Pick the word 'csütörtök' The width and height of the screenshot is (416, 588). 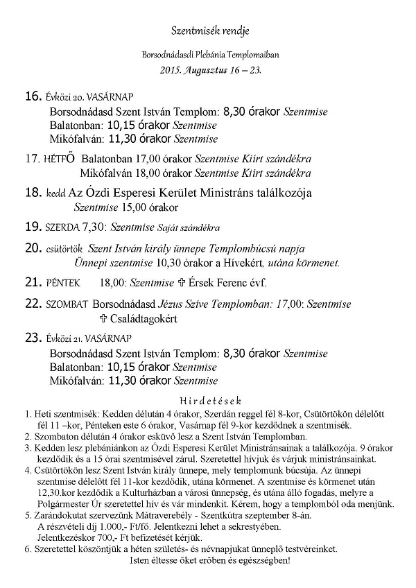coord(64,248)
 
